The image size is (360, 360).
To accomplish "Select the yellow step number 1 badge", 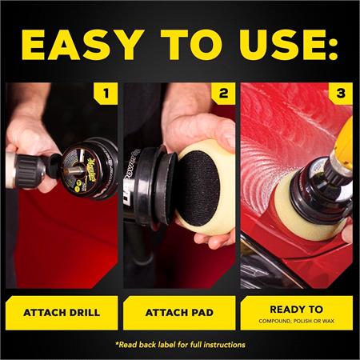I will pos(106,95).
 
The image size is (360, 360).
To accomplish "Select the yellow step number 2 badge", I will pos(225,95).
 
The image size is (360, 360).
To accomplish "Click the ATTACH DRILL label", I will pos(61,313).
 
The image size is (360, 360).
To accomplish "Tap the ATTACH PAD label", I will pos(179,313).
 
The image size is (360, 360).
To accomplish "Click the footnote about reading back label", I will pos(179,345).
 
